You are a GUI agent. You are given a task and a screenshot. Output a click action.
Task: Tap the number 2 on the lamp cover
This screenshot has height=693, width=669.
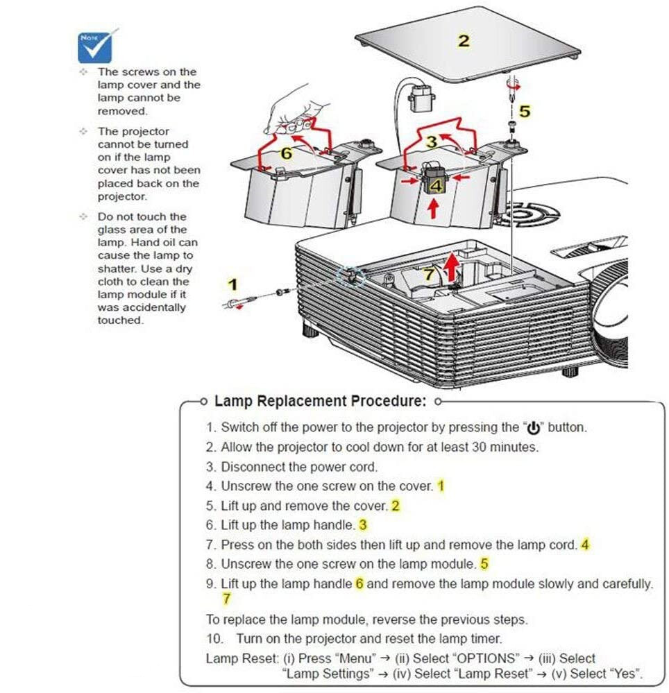(464, 41)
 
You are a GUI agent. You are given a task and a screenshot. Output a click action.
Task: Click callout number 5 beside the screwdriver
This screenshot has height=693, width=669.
(525, 111)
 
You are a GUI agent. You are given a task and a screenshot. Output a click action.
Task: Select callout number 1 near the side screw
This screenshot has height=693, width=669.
(232, 284)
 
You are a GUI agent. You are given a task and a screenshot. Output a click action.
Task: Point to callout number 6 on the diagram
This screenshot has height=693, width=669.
(287, 153)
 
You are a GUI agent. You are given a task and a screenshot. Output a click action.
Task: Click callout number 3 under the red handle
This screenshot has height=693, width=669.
(432, 142)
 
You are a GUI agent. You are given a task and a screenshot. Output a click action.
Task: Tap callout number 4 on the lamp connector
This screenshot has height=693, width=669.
(436, 185)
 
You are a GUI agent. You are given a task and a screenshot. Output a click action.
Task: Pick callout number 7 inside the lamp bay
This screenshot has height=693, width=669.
(428, 274)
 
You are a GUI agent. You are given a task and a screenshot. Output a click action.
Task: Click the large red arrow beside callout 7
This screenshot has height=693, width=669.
(452, 266)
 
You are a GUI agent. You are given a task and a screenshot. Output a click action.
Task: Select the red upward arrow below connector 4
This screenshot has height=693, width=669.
(434, 208)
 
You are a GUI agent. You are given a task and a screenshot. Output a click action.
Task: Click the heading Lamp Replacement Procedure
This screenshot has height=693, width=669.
(320, 401)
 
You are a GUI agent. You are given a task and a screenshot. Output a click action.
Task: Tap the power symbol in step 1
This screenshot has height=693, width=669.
(534, 428)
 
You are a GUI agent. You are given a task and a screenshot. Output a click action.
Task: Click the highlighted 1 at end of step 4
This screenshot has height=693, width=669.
(441, 486)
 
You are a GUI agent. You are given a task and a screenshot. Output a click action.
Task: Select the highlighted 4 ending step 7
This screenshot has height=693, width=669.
(585, 545)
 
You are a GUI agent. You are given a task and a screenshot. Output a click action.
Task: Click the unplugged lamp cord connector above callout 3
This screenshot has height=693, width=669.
(421, 98)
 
